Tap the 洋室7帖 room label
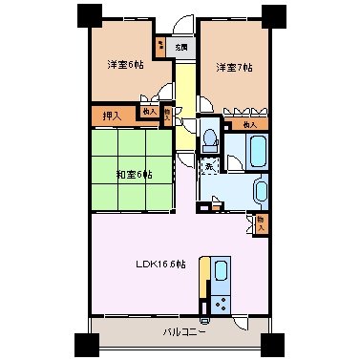coord(233,67)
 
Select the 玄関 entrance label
coord(180,46)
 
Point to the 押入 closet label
coord(111,116)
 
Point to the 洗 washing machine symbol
coord(209,168)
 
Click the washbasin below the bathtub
coord(261,192)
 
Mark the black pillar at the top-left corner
coord(88,15)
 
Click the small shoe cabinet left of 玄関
coord(160,45)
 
